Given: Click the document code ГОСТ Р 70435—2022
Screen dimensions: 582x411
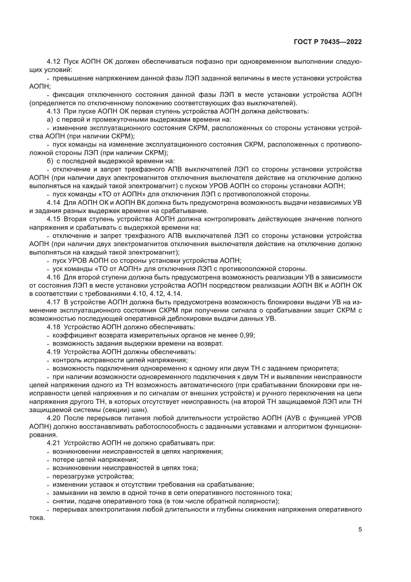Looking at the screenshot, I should point(328,42).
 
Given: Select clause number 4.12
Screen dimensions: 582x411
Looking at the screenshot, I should point(53,62).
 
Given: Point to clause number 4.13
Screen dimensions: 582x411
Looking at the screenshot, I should point(53,111).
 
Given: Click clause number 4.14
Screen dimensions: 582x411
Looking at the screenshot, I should point(53,203).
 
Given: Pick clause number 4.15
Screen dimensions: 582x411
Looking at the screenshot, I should point(53,219).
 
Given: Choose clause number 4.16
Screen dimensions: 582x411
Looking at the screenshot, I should point(53,277).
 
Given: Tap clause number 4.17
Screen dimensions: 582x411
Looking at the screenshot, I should point(53,302).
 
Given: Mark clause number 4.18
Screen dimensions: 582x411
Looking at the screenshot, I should point(53,327).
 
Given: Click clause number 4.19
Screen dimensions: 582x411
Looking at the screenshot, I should point(53,352).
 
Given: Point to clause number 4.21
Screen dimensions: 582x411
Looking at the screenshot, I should point(53,443).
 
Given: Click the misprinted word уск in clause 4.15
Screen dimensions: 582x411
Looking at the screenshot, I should point(57,269).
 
